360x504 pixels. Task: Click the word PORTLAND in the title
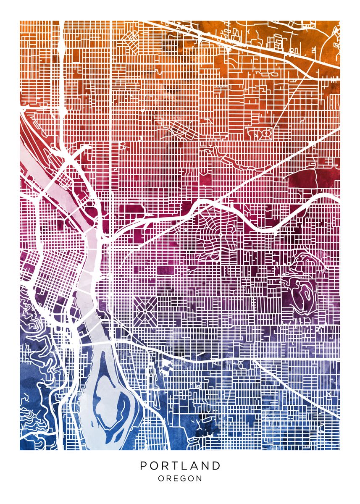[x=180, y=465]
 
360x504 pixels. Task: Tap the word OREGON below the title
[x=180, y=478]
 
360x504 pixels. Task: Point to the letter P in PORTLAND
[x=144, y=465]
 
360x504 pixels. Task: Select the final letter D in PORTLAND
[x=216, y=465]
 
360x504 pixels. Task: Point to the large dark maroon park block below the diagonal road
[x=302, y=178]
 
